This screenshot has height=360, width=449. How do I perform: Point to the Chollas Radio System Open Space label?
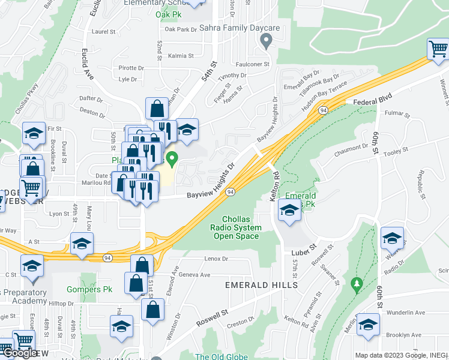pos(237,227)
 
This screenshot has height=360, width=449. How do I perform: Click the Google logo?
pos(19,353)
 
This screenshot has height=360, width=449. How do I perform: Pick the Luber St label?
pos(304,246)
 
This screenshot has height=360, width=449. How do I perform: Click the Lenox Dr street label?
pos(217,259)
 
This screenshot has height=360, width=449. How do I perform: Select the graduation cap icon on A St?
pos(82,243)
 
